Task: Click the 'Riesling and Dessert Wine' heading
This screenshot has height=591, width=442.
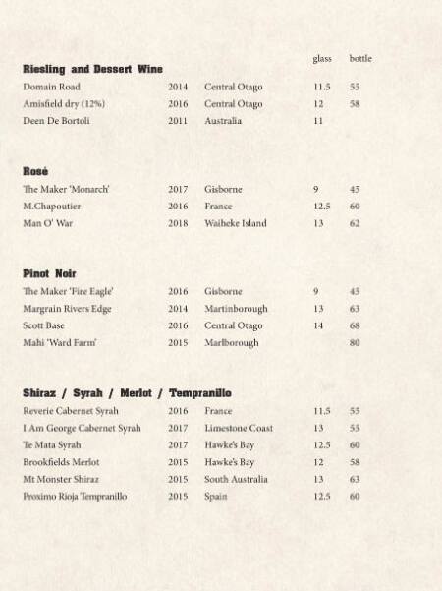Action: point(92,69)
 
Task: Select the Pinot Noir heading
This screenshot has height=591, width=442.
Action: point(49,273)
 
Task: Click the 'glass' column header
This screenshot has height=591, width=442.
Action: point(322,59)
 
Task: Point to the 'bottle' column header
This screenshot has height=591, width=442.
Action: point(360,59)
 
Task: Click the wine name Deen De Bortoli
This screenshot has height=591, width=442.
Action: point(56,121)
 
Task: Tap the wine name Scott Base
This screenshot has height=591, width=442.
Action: point(44,325)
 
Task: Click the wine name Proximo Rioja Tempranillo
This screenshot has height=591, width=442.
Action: point(75,497)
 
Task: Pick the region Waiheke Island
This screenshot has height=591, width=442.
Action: point(236,223)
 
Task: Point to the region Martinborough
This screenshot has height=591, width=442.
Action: point(237,309)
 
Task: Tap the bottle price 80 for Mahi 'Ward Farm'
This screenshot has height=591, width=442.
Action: point(355,343)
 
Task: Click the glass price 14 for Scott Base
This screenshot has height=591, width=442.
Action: point(318,325)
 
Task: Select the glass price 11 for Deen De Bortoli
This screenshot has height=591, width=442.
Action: point(318,121)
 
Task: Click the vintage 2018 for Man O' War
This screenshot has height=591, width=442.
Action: point(178,223)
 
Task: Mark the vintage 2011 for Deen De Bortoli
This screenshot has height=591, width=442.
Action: point(178,121)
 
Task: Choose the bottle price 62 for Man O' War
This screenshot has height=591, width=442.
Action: point(355,223)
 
